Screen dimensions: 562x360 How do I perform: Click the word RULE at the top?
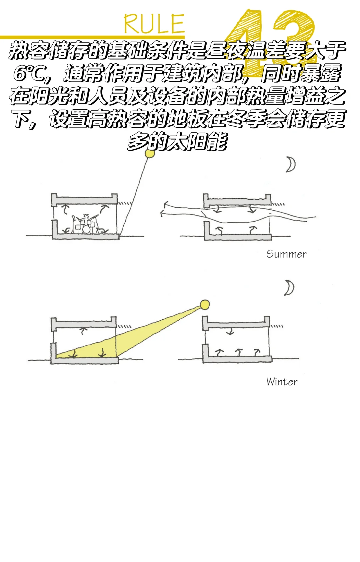[154, 24]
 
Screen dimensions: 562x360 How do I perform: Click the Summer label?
[286, 254]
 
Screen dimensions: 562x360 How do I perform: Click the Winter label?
[282, 382]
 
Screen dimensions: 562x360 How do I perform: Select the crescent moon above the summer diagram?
[291, 165]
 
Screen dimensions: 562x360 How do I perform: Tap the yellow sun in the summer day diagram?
[150, 154]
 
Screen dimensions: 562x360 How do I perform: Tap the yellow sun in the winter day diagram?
[205, 305]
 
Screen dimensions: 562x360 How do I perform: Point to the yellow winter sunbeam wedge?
[133, 337]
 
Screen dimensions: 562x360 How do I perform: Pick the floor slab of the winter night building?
[237, 359]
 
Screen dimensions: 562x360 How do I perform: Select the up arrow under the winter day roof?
[83, 330]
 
